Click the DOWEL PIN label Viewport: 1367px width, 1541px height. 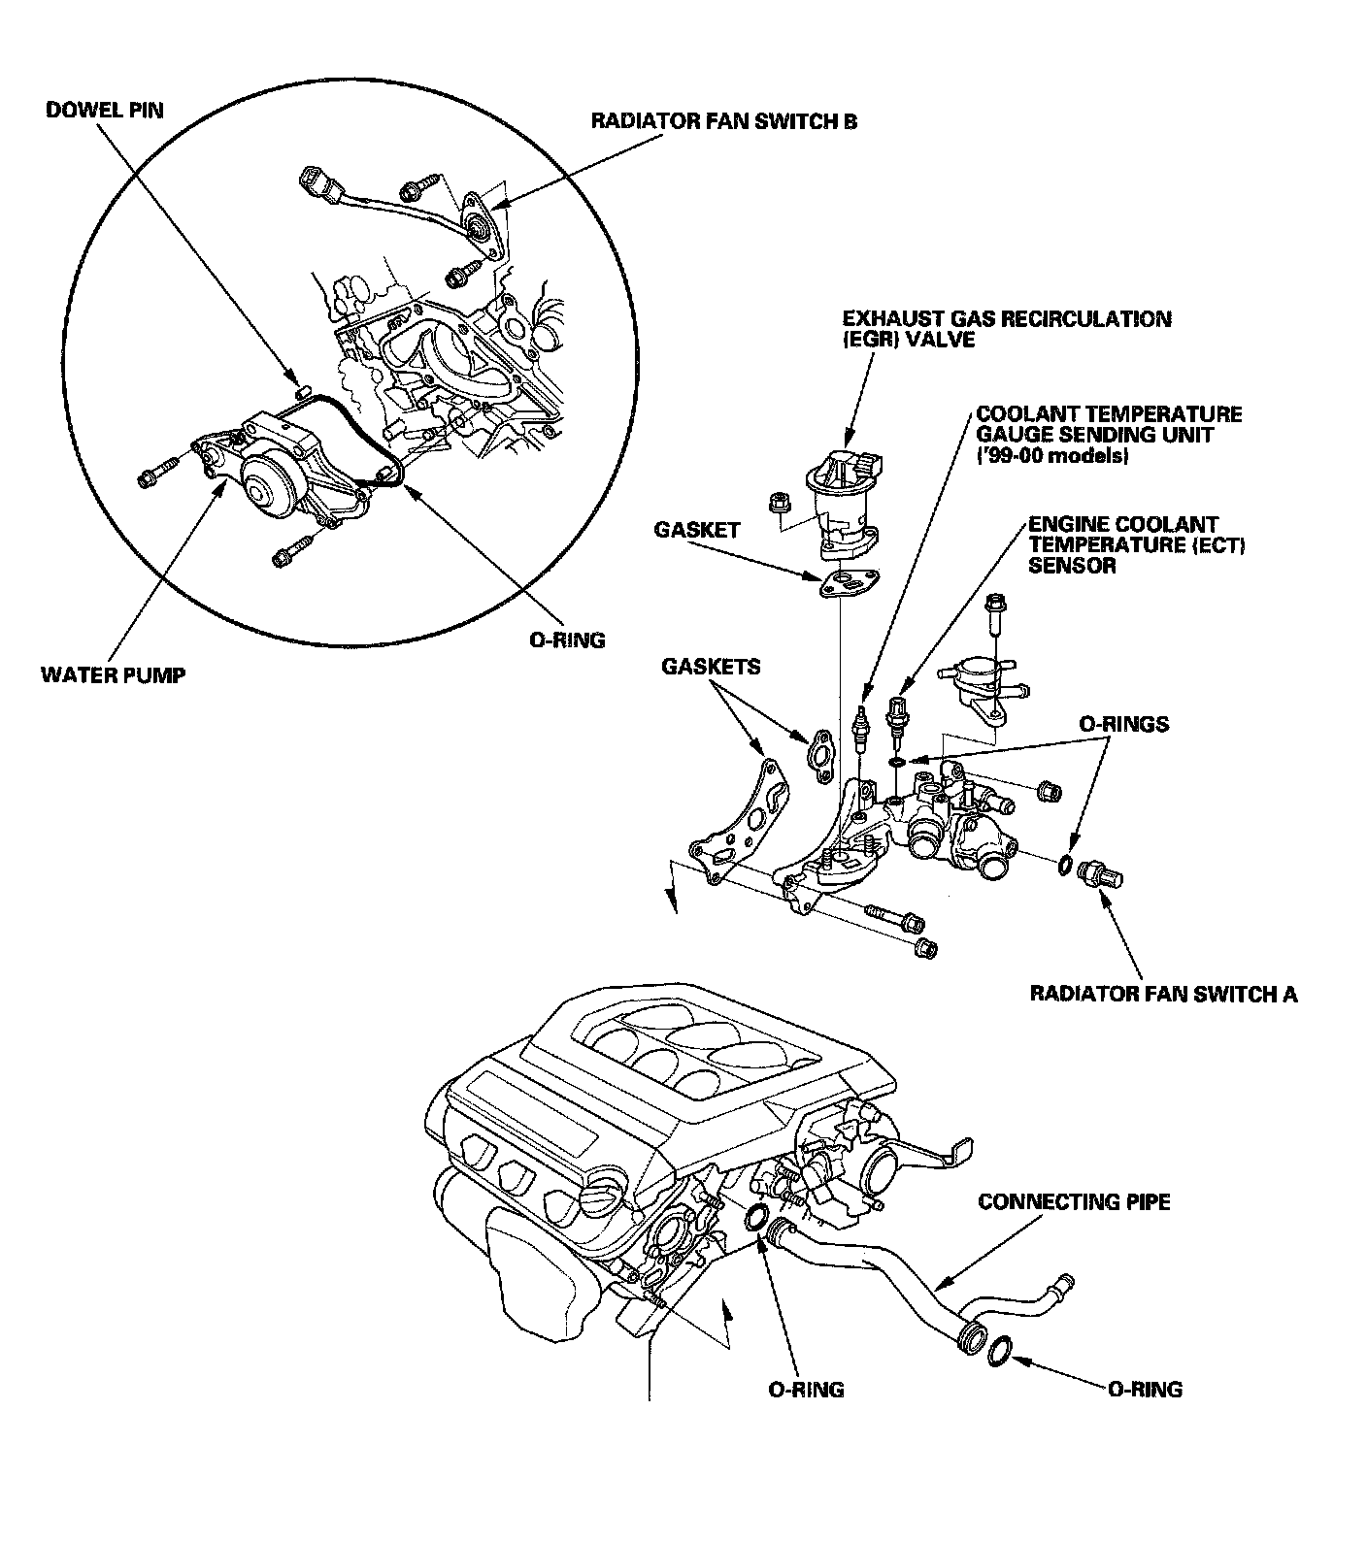(105, 112)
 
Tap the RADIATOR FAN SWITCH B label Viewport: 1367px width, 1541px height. (724, 122)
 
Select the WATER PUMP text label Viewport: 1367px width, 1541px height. (113, 674)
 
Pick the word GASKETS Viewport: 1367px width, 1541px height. (711, 668)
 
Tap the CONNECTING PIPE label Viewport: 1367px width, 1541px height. (1074, 1202)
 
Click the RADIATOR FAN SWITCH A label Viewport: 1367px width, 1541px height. (1163, 994)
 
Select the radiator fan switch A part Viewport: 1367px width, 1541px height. (1101, 873)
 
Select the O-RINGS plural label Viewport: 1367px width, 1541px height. (1124, 724)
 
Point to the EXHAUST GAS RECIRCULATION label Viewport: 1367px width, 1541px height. (1007, 318)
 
